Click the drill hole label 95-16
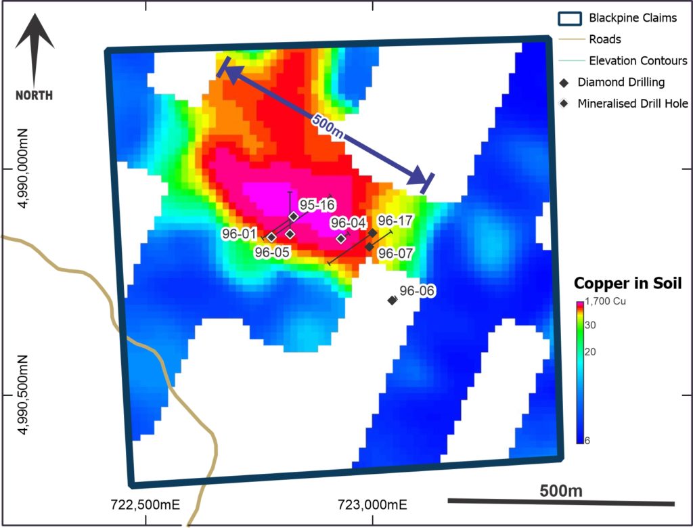tap(317, 204)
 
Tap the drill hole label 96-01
tap(239, 234)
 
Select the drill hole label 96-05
tap(272, 252)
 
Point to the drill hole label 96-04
tap(348, 223)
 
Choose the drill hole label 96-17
tap(395, 221)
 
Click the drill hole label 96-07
tap(395, 252)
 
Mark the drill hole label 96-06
tap(417, 291)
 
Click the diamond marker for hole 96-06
tap(392, 300)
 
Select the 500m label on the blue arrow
tap(328, 127)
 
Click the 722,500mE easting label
tap(146, 504)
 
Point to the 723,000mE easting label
tap(373, 504)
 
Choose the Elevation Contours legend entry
tap(638, 61)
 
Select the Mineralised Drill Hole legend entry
tap(633, 104)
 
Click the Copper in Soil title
tap(627, 284)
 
